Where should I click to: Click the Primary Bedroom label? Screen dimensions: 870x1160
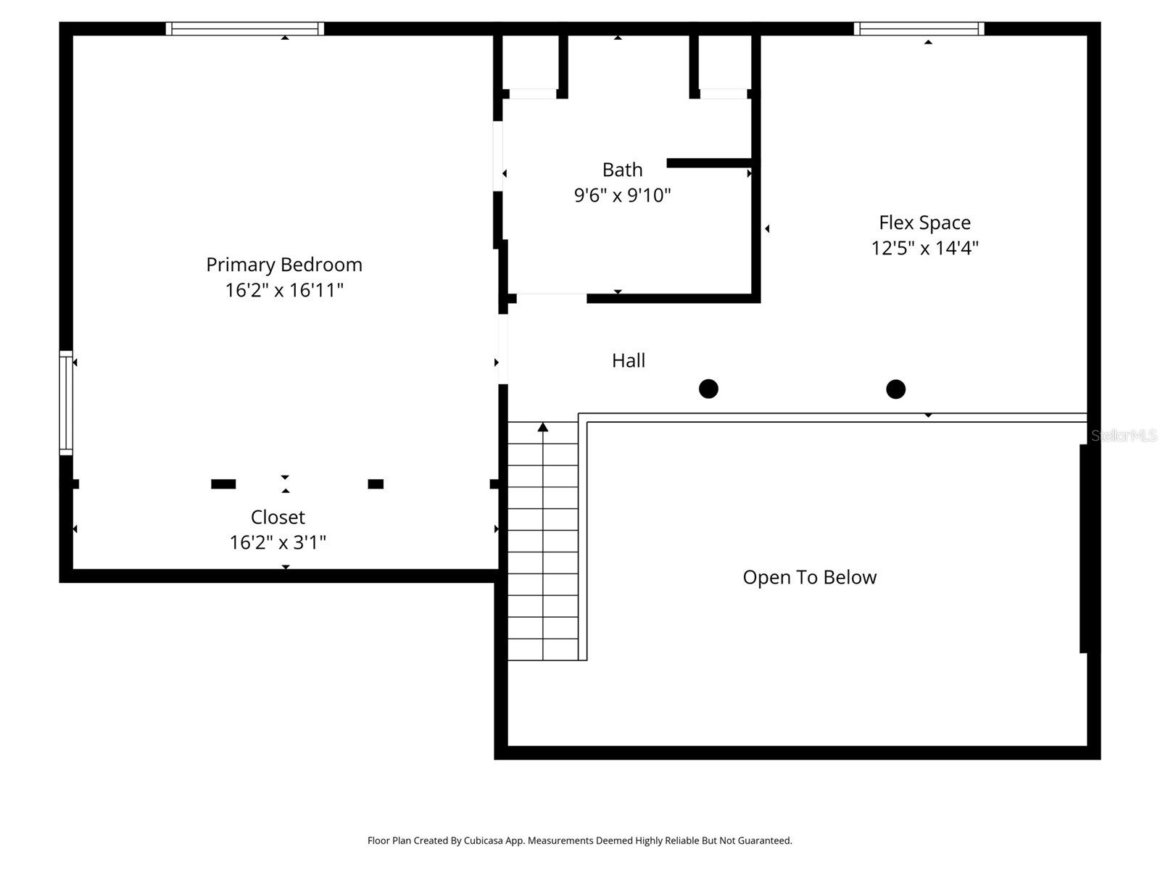tap(283, 265)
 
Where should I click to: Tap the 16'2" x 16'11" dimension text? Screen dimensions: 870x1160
tap(283, 290)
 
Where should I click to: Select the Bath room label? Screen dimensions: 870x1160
tap(622, 170)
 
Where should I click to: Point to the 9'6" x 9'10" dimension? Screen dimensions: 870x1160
tap(622, 195)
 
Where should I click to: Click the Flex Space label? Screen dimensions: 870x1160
tap(924, 223)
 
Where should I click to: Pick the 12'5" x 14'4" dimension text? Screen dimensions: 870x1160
tap(924, 248)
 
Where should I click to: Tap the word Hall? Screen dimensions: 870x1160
tap(628, 360)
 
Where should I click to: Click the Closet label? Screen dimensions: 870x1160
tap(278, 517)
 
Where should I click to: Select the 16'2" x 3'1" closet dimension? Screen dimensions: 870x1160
tap(278, 542)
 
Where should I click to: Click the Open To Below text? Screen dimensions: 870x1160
tap(809, 577)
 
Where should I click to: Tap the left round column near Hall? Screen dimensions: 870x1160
tap(708, 389)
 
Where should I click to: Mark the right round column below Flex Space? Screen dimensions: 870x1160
tap(895, 389)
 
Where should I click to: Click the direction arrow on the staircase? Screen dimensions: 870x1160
tap(543, 428)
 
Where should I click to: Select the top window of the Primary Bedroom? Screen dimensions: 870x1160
tap(244, 28)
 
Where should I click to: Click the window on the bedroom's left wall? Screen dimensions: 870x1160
tap(65, 402)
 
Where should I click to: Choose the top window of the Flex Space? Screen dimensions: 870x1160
tap(919, 28)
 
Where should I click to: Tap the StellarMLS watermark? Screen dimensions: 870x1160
tap(1124, 435)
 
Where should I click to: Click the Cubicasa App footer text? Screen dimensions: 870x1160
tap(579, 840)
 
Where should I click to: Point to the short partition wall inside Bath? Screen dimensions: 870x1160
tap(708, 163)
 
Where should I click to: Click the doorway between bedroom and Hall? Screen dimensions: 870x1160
tap(502, 348)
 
